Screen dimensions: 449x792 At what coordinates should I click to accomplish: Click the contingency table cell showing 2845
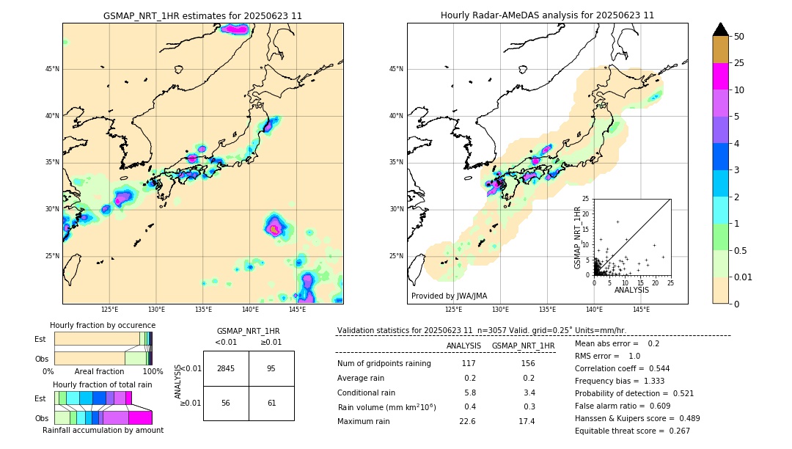click(x=226, y=368)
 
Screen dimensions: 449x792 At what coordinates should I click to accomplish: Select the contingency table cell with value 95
click(x=271, y=368)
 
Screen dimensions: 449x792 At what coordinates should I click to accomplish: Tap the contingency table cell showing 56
click(x=226, y=403)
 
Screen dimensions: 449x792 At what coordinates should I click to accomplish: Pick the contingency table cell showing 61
click(x=271, y=403)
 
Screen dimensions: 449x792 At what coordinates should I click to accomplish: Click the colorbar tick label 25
click(x=739, y=63)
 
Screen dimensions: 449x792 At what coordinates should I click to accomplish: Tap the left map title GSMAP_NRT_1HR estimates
click(x=202, y=15)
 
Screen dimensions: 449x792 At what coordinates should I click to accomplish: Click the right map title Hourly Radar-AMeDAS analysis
click(x=547, y=15)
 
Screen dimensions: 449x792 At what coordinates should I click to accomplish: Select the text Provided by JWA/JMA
click(x=449, y=296)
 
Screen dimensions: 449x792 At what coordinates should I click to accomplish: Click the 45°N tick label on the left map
click(x=52, y=69)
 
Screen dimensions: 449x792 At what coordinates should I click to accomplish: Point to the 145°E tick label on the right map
click(x=641, y=310)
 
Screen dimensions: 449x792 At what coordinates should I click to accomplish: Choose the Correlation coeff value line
click(x=622, y=368)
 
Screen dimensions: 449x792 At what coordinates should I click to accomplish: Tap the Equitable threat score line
click(x=632, y=431)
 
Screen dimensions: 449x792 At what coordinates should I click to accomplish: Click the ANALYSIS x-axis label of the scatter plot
click(x=632, y=291)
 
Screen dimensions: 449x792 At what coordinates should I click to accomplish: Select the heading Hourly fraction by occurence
click(x=103, y=325)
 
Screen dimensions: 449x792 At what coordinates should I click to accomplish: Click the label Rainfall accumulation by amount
click(x=103, y=430)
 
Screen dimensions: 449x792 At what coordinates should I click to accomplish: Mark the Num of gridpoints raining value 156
click(x=527, y=363)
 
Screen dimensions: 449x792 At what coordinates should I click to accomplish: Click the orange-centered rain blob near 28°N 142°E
click(x=274, y=229)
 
